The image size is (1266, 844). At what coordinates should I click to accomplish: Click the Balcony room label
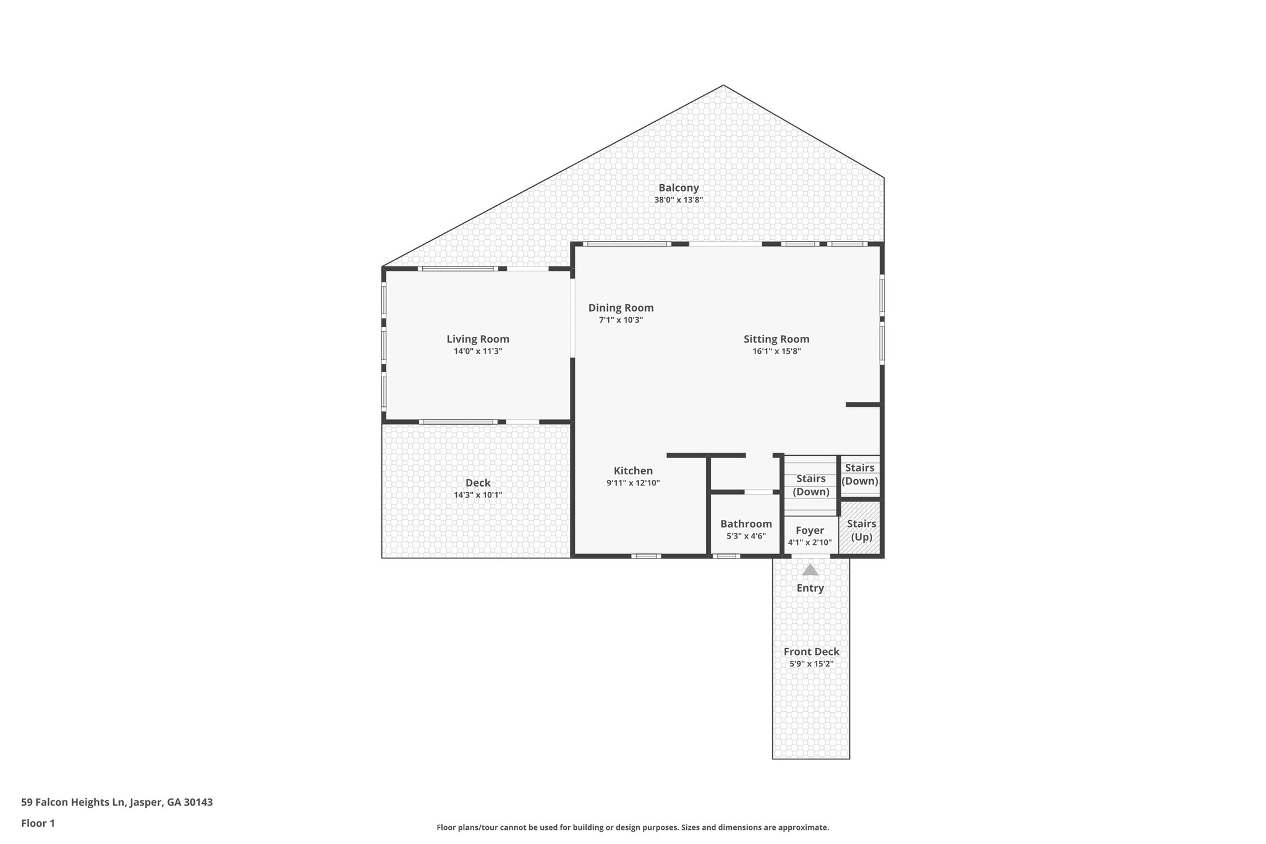point(678,188)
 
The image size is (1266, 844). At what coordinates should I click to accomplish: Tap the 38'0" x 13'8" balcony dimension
point(678,200)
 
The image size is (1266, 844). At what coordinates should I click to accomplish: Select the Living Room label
point(478,339)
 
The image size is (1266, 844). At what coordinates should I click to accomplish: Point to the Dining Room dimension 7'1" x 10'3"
point(621,320)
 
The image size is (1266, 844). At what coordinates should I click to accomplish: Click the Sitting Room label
point(776,339)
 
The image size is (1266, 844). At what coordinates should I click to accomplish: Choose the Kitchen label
point(633,471)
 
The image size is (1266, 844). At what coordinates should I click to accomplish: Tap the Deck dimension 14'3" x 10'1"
point(478,495)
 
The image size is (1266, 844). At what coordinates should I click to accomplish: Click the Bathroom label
point(746,524)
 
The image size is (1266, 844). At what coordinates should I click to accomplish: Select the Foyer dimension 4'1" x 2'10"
point(810,542)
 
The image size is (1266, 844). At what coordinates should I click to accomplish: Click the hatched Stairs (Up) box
point(861,530)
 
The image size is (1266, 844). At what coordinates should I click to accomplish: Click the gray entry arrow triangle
point(810,570)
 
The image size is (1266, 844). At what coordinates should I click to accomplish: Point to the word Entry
point(810,588)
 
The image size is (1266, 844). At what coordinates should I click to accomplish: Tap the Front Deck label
point(811,652)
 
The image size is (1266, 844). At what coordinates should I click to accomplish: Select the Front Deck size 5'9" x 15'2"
point(811,664)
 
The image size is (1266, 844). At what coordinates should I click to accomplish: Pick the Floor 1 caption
point(38,824)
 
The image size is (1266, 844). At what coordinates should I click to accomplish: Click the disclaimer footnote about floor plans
point(632,827)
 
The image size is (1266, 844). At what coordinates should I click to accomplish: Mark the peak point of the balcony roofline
point(723,86)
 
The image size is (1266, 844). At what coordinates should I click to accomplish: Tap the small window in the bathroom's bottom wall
point(726,556)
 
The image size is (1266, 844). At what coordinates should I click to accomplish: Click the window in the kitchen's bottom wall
point(646,556)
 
